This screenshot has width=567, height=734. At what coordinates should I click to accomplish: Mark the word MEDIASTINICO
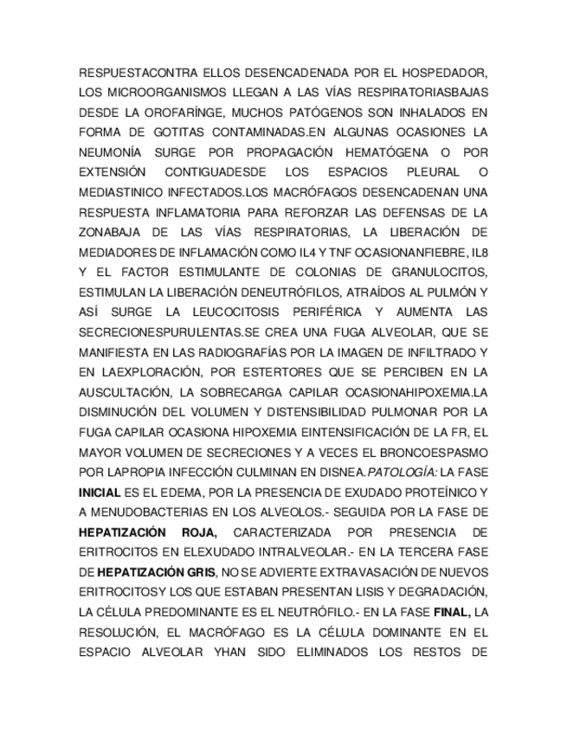(x=122, y=191)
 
